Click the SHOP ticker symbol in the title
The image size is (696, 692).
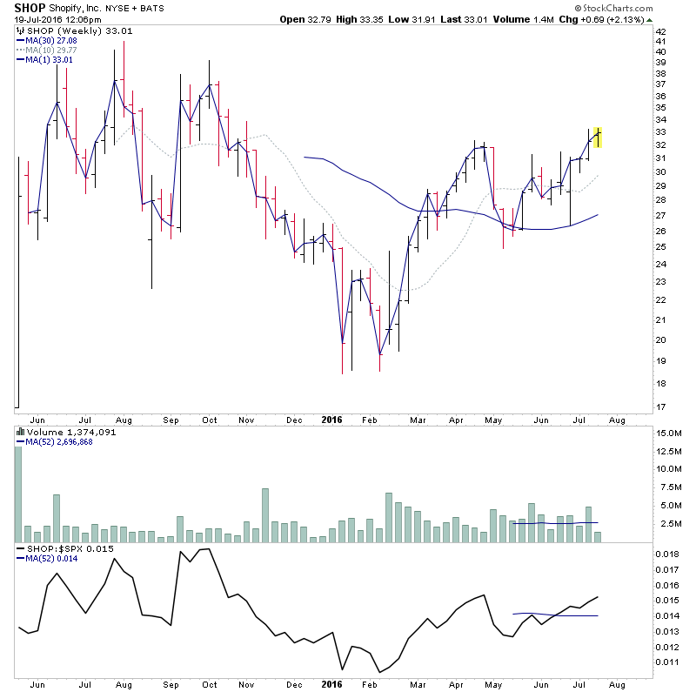pyautogui.click(x=23, y=8)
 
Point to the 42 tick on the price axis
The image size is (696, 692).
pyautogui.click(x=662, y=32)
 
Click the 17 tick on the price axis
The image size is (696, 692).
pyautogui.click(x=662, y=406)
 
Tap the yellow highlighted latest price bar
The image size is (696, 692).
pyautogui.click(x=597, y=137)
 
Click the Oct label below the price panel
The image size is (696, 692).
pyautogui.click(x=210, y=419)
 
